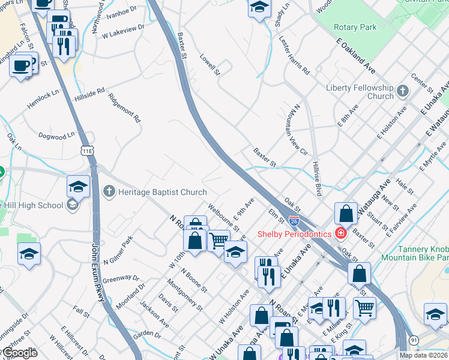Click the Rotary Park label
[355, 27]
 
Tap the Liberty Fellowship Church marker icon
[402, 92]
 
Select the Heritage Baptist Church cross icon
[109, 191]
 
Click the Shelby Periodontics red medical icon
[341, 233]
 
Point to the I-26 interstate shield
[294, 221]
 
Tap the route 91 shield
[414, 340]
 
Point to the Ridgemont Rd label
[124, 107]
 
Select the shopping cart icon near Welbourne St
[218, 241]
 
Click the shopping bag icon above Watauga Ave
[346, 213]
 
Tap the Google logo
[20, 353]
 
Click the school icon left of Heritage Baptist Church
[78, 187]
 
